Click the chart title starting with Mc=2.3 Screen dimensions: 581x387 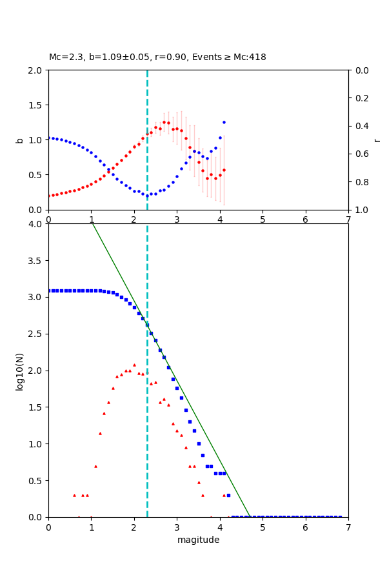[157, 57]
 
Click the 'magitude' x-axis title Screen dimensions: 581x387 [198, 540]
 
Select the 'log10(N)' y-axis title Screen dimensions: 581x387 [19, 371]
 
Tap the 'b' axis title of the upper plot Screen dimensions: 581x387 [19, 140]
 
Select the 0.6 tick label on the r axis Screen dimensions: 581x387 [362, 154]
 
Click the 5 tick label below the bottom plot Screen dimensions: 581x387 [263, 527]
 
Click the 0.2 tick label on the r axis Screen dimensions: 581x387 [362, 98]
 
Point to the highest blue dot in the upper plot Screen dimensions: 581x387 [224, 122]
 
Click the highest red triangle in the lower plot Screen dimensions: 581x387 [134, 365]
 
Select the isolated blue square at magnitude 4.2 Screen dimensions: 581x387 [228, 495]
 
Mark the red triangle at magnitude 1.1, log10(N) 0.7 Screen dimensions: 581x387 [95, 466]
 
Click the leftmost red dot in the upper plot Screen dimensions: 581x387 [48, 196]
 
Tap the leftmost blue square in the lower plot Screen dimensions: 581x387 [48, 290]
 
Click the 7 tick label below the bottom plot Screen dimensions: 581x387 [348, 527]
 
